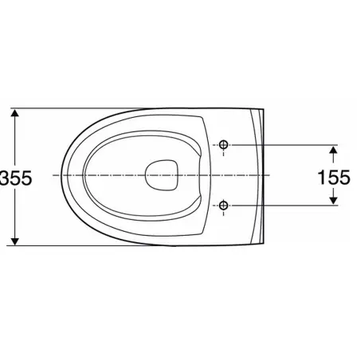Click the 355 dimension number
point(16,178)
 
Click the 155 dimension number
point(334,178)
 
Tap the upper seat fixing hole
point(224,145)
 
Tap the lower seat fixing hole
point(224,205)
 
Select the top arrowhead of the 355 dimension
point(15,112)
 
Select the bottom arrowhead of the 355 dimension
point(15,241)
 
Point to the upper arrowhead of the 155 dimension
point(334,150)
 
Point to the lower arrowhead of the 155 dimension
point(334,201)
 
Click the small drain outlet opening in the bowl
point(162,175)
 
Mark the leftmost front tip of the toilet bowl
point(61,175)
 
